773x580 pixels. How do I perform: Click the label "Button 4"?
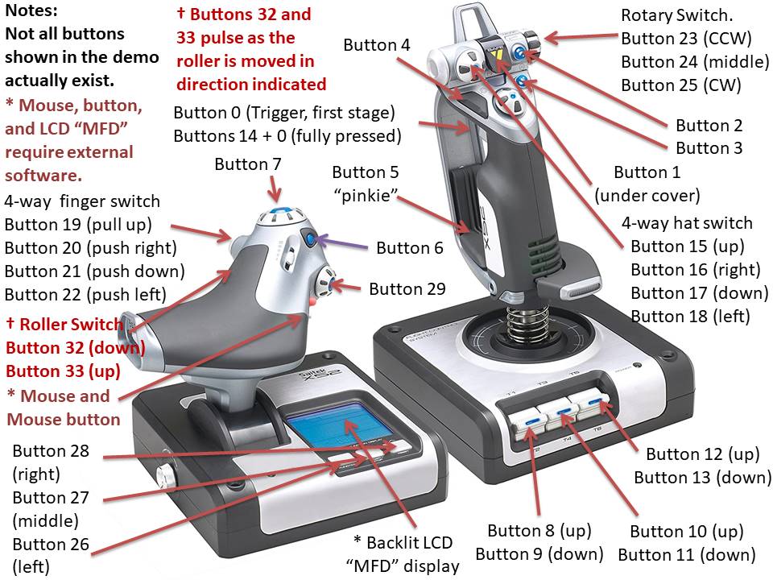[376, 45]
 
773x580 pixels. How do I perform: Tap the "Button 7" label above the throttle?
[248, 165]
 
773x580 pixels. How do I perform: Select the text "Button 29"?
[407, 288]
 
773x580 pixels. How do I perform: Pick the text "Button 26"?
[51, 545]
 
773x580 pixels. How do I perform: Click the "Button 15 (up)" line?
[687, 246]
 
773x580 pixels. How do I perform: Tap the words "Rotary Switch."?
[671, 15]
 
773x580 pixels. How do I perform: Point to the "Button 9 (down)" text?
[539, 554]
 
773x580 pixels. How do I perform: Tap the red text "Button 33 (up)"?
[63, 371]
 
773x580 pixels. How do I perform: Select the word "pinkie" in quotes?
[366, 194]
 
